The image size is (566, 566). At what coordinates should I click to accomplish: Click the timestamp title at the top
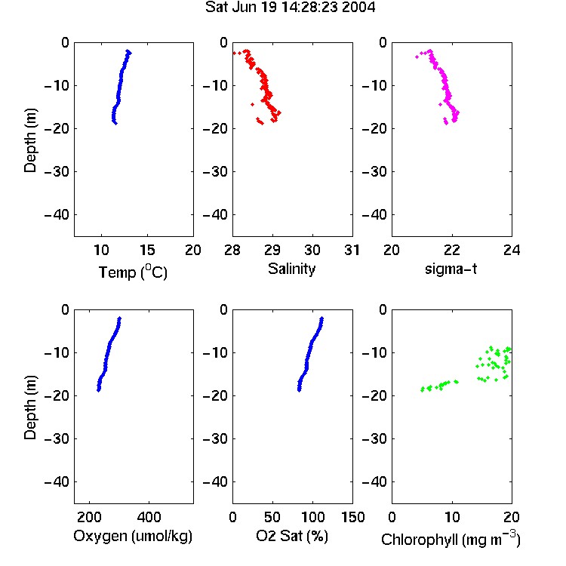(291, 8)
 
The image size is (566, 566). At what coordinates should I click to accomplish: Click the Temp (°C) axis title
(133, 272)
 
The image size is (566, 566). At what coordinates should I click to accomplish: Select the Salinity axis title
(291, 269)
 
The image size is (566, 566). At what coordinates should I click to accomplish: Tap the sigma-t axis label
(451, 269)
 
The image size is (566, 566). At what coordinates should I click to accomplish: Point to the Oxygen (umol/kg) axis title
(133, 537)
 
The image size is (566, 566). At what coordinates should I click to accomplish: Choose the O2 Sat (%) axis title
(292, 536)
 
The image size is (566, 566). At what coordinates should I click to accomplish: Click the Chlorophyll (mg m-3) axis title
(451, 539)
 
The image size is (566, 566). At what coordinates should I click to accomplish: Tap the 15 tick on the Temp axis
(147, 250)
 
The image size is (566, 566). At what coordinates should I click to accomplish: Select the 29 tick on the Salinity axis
(272, 250)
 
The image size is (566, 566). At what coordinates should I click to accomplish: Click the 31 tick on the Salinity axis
(352, 250)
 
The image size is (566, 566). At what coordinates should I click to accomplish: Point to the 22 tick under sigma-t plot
(451, 250)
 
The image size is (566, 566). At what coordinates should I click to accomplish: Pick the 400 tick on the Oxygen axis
(149, 517)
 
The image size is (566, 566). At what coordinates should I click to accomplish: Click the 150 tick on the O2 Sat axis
(352, 517)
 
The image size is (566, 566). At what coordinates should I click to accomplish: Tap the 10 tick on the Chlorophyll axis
(451, 517)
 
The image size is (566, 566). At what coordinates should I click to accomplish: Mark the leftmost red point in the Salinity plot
(234, 53)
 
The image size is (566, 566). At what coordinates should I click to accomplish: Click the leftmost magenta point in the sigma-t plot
(417, 57)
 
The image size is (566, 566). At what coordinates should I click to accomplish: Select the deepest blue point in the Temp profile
(115, 124)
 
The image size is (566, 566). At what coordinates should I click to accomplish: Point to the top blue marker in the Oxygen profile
(120, 318)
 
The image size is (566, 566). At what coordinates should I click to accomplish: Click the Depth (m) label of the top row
(30, 140)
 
